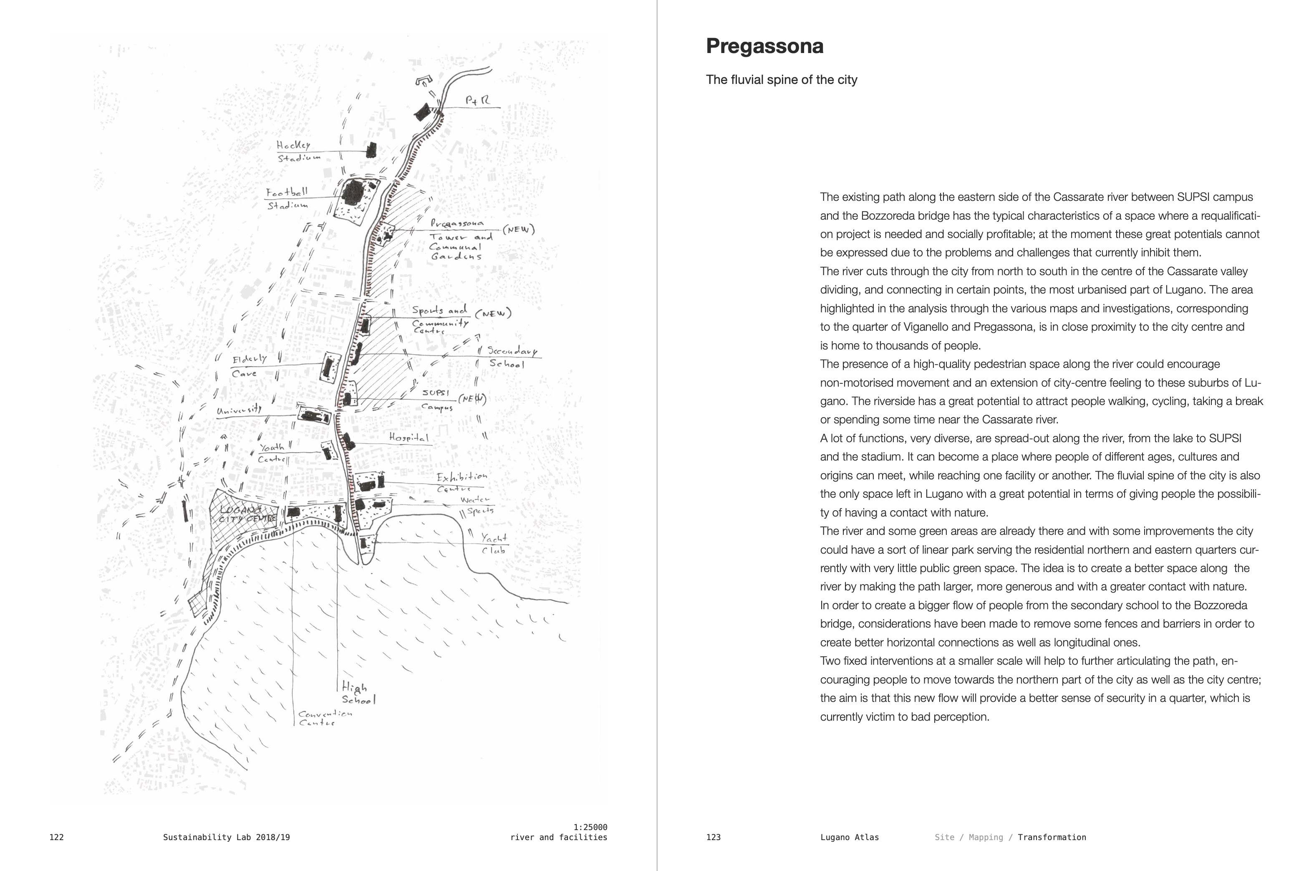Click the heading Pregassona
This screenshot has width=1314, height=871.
click(x=764, y=46)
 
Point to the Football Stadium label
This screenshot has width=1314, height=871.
click(x=287, y=198)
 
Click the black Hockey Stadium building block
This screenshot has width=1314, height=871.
click(x=371, y=150)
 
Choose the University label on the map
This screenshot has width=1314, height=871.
click(x=239, y=410)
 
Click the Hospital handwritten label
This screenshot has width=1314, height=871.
click(x=409, y=438)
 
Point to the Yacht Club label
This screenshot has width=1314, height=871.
click(x=494, y=543)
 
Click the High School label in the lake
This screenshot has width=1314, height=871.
click(x=358, y=693)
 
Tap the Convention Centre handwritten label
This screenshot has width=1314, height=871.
click(x=324, y=718)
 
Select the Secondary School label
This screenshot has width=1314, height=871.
click(x=510, y=357)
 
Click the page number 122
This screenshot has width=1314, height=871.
click(x=57, y=837)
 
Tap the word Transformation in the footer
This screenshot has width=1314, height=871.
click(x=1052, y=837)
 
